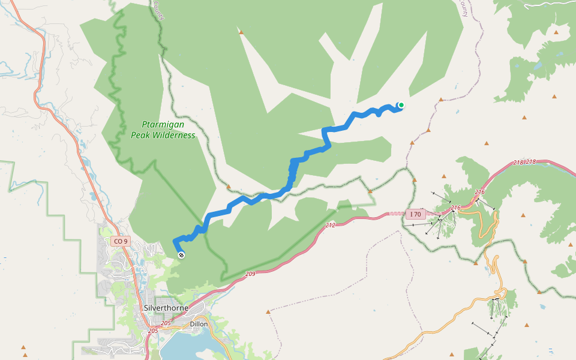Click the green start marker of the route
pyautogui.click(x=401, y=106)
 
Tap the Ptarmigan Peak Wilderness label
pyautogui.click(x=163, y=130)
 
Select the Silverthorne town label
pyautogui.click(x=166, y=308)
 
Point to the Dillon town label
pyautogui.click(x=199, y=324)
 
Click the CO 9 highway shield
pyautogui.click(x=120, y=241)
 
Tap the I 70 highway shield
pyautogui.click(x=415, y=214)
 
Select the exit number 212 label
pyautogui.click(x=331, y=226)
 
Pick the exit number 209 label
pyautogui.click(x=251, y=274)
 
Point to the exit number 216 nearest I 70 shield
pyautogui.click(x=456, y=208)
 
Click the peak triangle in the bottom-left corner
pyautogui.click(x=23, y=347)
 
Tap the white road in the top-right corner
pyautogui.click(x=549, y=4)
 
